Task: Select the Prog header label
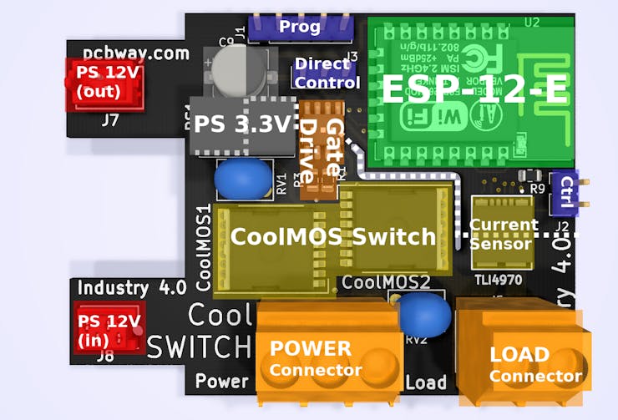tap(300, 27)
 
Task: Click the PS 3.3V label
tap(242, 126)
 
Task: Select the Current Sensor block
tap(500, 235)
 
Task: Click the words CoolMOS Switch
tap(332, 237)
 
